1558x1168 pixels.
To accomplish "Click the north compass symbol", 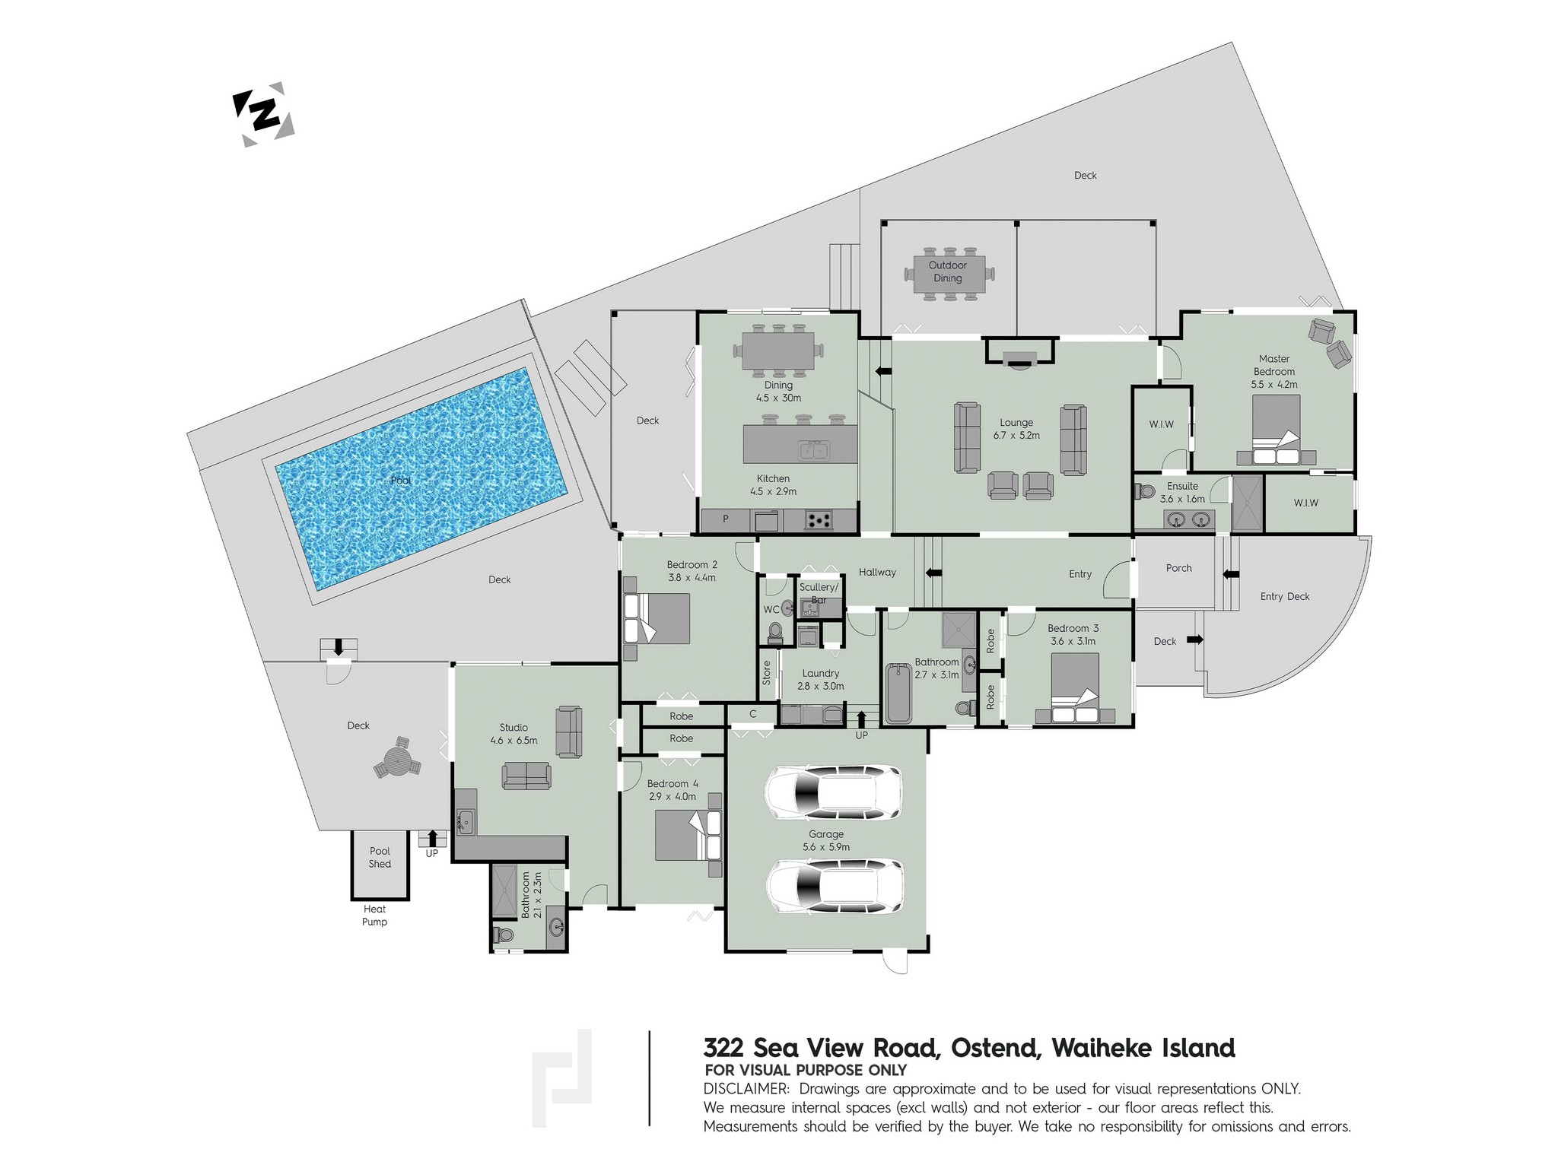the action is tap(263, 114).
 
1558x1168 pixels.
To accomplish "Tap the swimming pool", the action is tap(422, 480).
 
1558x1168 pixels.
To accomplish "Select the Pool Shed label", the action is tap(380, 857).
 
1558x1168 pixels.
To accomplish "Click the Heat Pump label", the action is tap(374, 916).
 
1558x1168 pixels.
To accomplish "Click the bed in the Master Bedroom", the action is tap(1277, 430).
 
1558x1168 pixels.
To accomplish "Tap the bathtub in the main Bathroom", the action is tap(899, 693).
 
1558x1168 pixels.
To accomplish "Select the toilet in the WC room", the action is tap(775, 632).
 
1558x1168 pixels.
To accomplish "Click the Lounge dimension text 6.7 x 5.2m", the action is tap(1016, 436).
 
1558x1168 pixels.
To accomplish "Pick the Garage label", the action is tap(826, 834).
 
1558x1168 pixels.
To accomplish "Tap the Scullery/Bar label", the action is tap(819, 593).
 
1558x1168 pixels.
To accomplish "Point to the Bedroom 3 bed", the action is tap(1075, 687).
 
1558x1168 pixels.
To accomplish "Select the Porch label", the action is tap(1179, 568).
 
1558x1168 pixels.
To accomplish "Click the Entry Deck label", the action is tap(1285, 597).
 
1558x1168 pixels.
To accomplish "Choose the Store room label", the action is tap(767, 672).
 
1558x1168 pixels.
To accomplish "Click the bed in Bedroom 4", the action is tap(688, 835).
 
